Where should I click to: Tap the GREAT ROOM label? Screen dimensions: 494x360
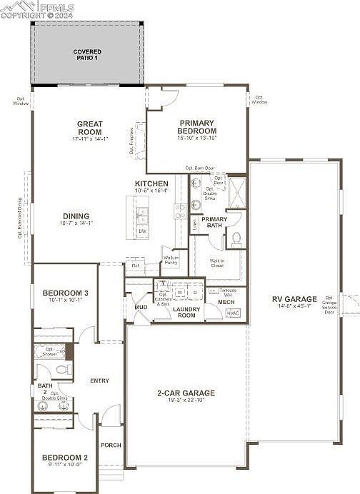(x=90, y=128)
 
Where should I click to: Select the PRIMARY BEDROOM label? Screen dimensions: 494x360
(x=197, y=127)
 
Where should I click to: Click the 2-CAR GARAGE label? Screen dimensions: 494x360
(x=186, y=393)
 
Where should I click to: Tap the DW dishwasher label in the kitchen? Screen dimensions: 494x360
(x=142, y=231)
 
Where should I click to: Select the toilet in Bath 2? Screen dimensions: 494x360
(x=61, y=370)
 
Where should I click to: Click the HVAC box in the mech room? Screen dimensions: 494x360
(x=233, y=313)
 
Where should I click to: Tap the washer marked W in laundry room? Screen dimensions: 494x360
(x=181, y=292)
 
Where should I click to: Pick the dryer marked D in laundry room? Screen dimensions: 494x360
(x=194, y=292)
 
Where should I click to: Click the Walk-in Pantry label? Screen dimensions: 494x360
(x=171, y=260)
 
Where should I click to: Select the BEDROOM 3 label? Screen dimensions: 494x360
(x=65, y=293)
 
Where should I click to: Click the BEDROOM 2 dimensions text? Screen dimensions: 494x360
(x=65, y=465)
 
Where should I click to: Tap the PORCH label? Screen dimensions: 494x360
(x=111, y=445)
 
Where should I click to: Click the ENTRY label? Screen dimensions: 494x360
(x=99, y=380)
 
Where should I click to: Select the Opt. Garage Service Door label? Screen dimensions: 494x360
(x=329, y=305)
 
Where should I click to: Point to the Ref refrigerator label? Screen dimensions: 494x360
(x=135, y=266)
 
